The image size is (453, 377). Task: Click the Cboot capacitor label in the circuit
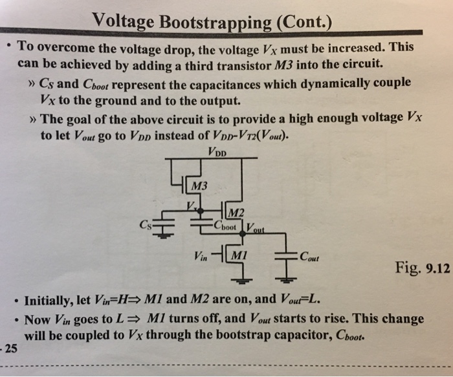226,226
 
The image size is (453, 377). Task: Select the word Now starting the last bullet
36,319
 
